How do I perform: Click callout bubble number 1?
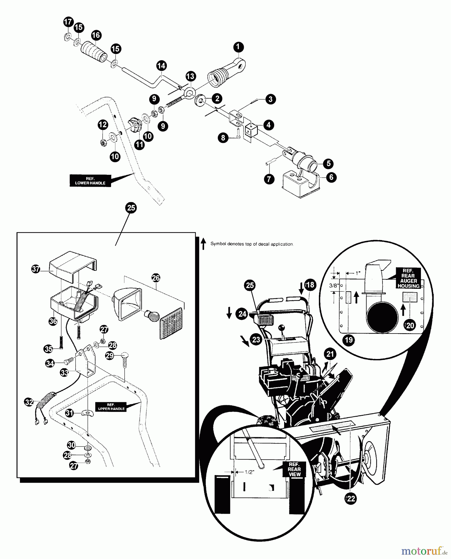[238, 47]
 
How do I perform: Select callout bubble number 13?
[191, 76]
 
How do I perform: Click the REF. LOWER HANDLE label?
[90, 181]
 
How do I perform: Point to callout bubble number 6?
[331, 177]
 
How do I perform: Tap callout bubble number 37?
[36, 269]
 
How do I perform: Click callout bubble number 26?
[156, 278]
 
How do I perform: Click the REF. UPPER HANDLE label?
[111, 407]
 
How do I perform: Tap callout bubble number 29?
[109, 356]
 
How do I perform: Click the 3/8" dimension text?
[333, 286]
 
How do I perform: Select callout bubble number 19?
[349, 340]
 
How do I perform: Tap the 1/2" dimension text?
[249, 472]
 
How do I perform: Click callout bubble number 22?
[351, 499]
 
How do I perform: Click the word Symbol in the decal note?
[217, 244]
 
